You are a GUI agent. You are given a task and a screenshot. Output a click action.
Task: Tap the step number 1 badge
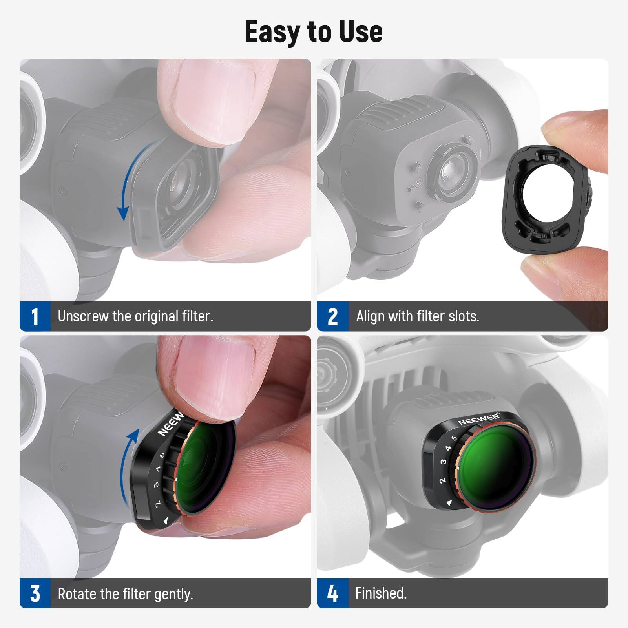pos(35,316)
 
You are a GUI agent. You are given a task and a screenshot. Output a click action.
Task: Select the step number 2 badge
pos(332,316)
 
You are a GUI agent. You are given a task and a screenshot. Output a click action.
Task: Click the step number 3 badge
pos(35,593)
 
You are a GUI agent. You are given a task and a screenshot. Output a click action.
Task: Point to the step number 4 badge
pos(332,593)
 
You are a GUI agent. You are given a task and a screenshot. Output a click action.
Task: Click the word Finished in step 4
pos(380,593)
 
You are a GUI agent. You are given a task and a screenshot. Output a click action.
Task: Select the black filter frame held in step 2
pos(546,200)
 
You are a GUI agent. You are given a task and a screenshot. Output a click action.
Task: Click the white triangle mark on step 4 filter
pos(449,503)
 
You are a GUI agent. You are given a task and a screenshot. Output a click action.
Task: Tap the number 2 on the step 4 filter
pos(442,480)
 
